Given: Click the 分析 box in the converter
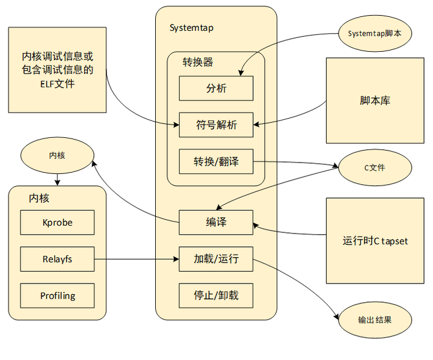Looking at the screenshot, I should (x=216, y=88).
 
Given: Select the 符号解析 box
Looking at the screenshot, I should (x=216, y=125).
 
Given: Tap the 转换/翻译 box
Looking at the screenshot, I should (x=216, y=161).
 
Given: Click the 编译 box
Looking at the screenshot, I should (x=216, y=222).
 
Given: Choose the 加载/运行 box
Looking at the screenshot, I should (x=216, y=259).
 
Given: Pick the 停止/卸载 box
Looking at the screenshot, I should (x=216, y=296).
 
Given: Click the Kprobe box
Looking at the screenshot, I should (x=57, y=222).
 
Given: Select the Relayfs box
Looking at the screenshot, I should (x=57, y=259).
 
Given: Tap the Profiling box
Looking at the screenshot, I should (x=57, y=296).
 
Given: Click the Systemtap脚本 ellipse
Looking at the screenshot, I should (x=375, y=34).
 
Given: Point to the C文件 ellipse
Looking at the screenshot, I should (x=375, y=167).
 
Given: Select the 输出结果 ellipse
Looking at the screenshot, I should (x=375, y=320).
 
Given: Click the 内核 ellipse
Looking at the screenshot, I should (x=57, y=155).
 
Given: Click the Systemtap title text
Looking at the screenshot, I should (x=191, y=28).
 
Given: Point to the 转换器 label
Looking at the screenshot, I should (x=198, y=61).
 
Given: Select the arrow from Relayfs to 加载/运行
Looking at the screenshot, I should (x=136, y=260).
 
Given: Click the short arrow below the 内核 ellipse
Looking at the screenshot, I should (x=57, y=178).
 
